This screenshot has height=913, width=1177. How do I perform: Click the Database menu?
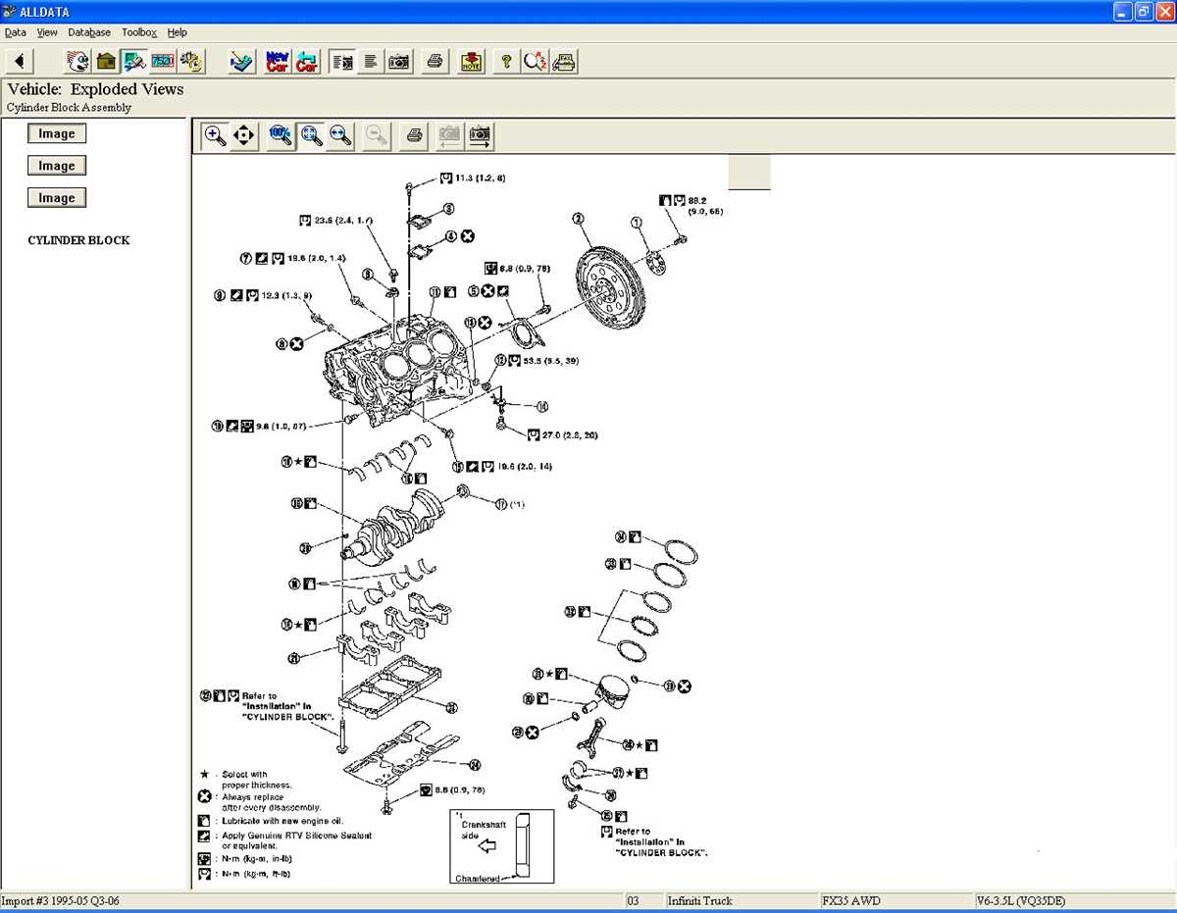[x=89, y=32]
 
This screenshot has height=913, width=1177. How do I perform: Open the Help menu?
[x=177, y=32]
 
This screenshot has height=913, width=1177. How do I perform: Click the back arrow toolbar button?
[x=20, y=62]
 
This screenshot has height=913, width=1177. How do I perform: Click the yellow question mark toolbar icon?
[x=505, y=62]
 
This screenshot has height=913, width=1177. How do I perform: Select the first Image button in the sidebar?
[x=57, y=134]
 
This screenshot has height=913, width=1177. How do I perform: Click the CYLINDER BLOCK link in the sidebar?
[x=78, y=240]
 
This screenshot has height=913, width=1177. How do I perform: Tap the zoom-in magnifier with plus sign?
[x=215, y=136]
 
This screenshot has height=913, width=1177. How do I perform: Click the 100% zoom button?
[x=281, y=136]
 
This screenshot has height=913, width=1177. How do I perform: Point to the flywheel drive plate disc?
[x=609, y=285]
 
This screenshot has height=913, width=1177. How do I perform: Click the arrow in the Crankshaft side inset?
[x=485, y=844]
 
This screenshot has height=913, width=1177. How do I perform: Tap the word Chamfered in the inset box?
[x=477, y=879]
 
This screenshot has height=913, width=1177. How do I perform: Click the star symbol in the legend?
[x=204, y=775]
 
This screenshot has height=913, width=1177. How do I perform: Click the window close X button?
[x=1163, y=12]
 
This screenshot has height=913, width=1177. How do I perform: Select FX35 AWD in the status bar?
[x=849, y=900]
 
